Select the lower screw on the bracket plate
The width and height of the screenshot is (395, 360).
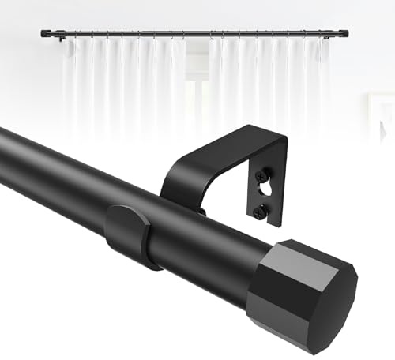(261, 210)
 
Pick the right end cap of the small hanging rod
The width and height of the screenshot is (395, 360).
(346, 32)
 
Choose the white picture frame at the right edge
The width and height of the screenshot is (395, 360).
(382, 118)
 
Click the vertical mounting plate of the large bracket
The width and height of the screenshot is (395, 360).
(265, 189)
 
